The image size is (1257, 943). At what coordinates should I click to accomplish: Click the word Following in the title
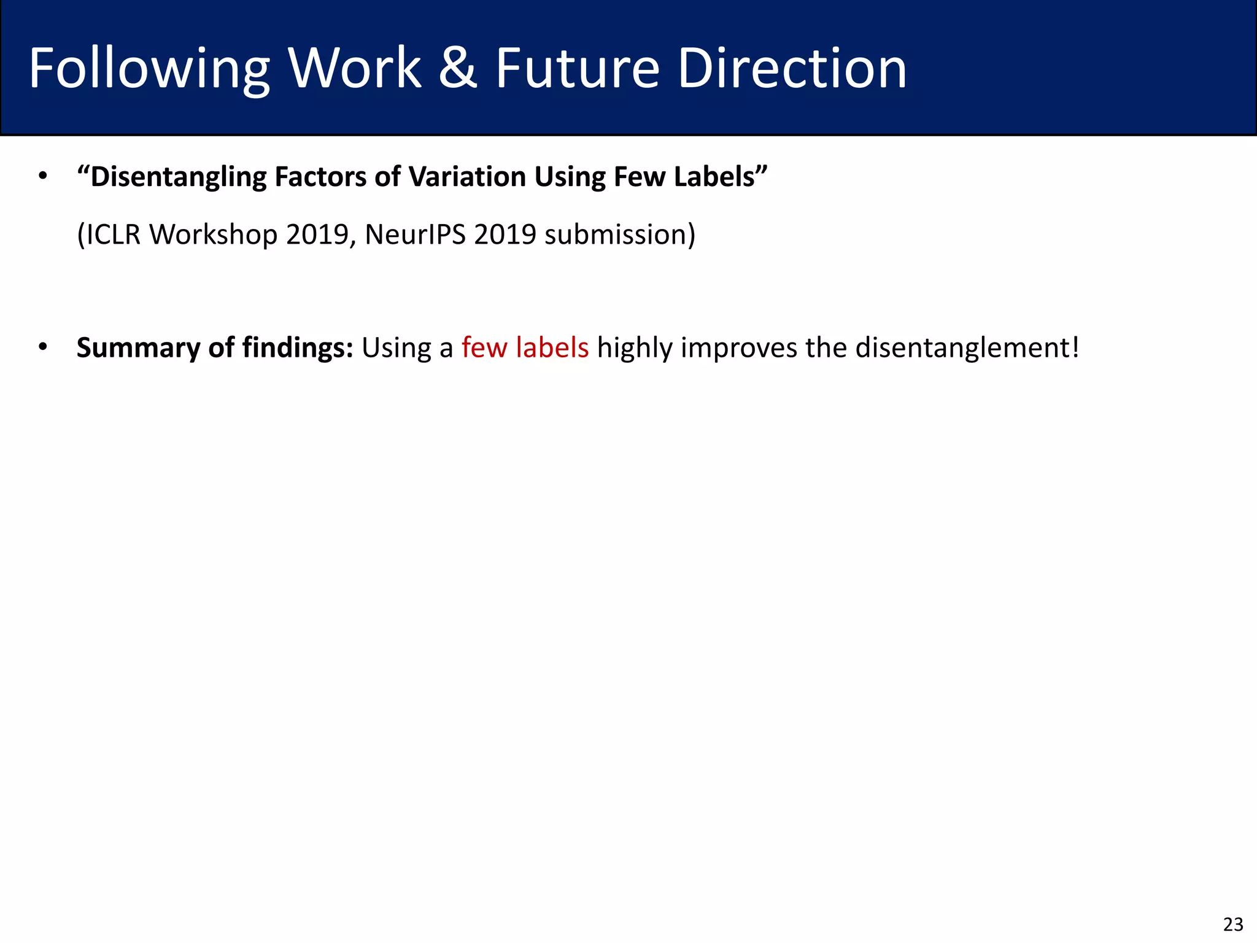coord(149,69)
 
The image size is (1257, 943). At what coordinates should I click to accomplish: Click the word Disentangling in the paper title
coord(172,177)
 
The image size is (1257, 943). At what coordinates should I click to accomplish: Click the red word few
coord(484,348)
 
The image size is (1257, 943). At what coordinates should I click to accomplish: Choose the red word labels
coord(552,348)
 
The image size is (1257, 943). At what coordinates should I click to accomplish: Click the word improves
coord(739,348)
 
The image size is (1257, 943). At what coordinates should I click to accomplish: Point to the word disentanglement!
coord(967,348)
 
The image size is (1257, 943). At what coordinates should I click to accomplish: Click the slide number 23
coord(1233,924)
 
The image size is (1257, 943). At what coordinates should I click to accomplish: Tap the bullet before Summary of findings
coord(42,347)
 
